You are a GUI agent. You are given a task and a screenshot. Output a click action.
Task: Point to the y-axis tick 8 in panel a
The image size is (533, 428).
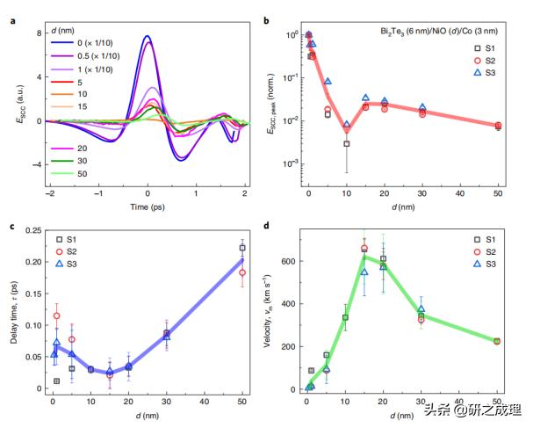coord(39,33)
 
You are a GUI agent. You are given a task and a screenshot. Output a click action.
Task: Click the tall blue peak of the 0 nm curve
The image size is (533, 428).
coord(147,37)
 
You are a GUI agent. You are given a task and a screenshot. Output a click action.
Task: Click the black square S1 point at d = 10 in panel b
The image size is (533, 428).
coord(347,143)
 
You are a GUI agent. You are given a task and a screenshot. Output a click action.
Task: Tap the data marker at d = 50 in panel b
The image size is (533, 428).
coord(498,126)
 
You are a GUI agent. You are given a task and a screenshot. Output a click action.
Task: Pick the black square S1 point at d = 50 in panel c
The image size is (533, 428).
coord(242,248)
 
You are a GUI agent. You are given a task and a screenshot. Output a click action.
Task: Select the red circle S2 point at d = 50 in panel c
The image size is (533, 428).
coord(242,272)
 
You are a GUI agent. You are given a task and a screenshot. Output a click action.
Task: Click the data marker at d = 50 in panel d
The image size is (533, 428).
coord(497,341)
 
